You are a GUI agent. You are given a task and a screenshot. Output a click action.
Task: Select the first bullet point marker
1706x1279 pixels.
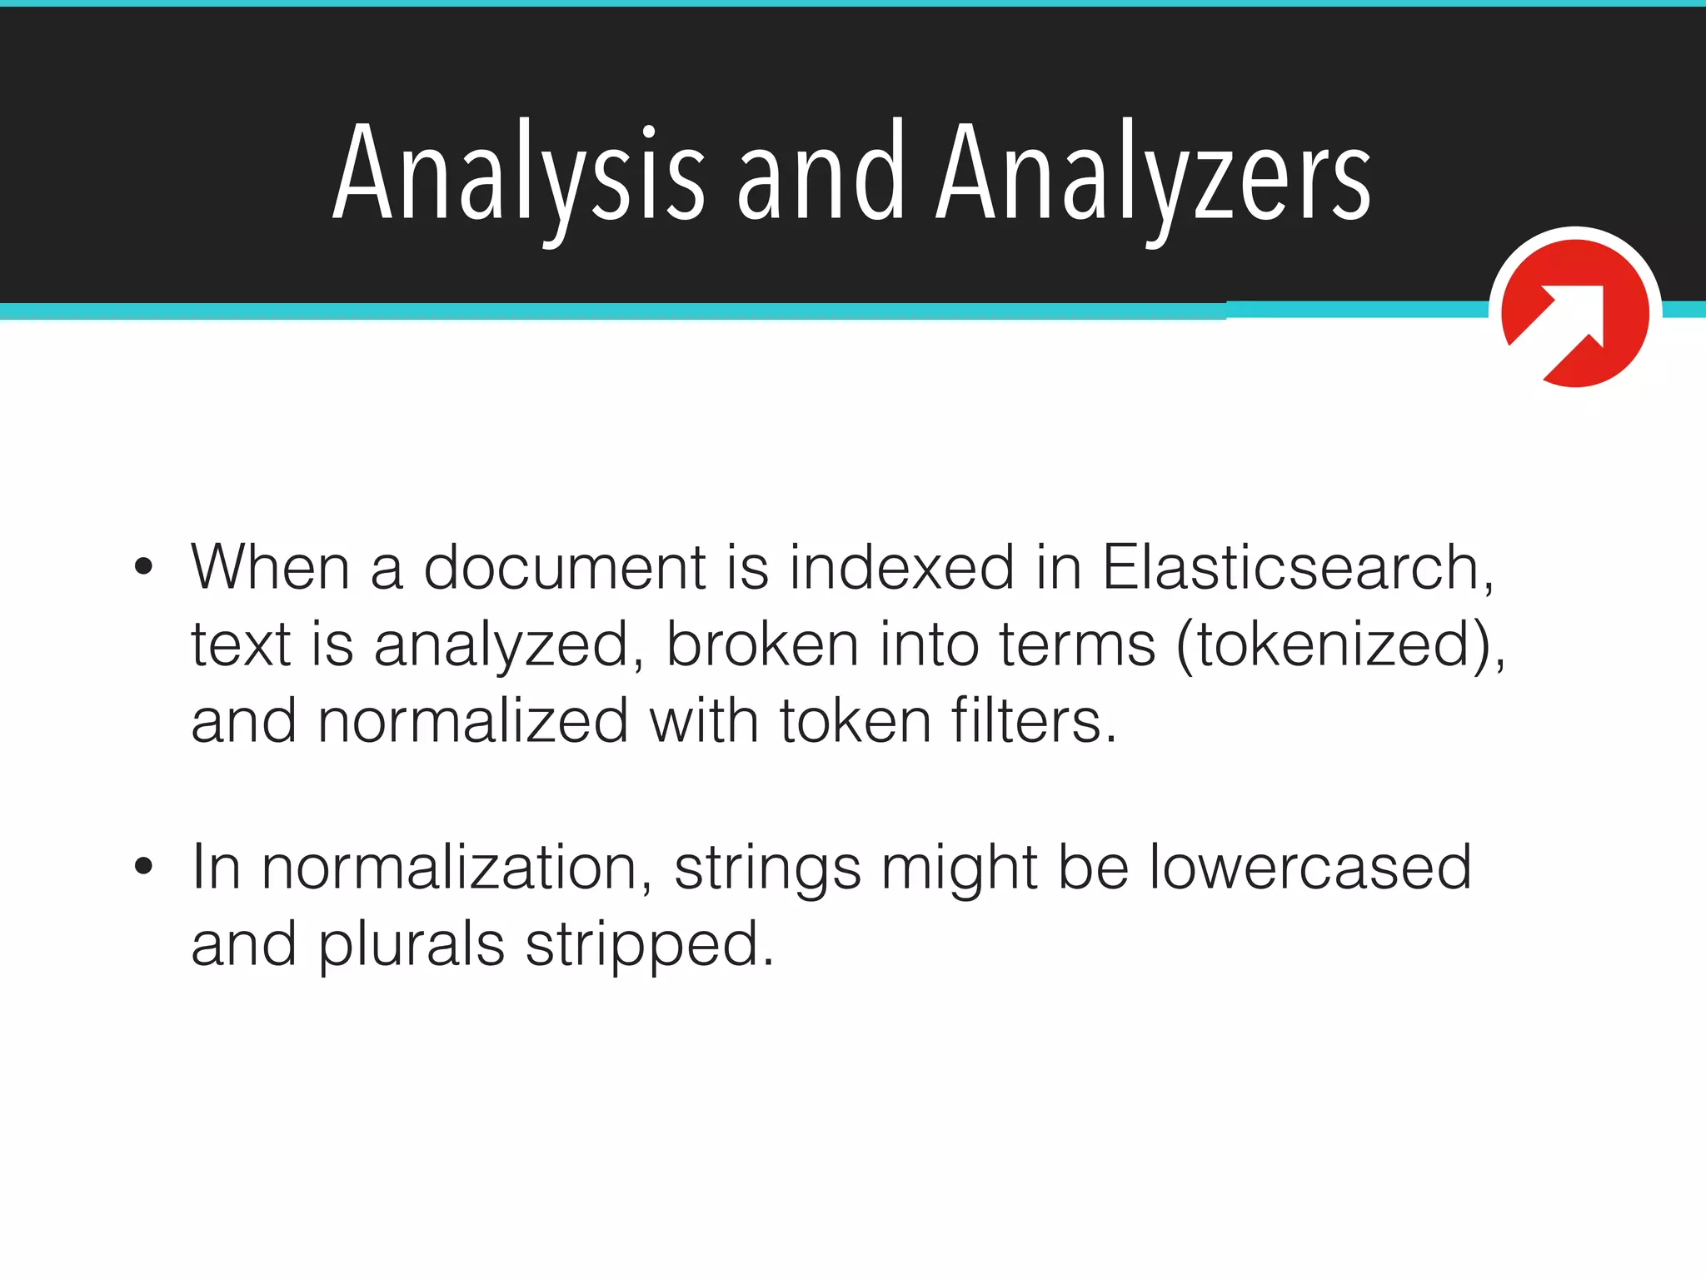tap(143, 567)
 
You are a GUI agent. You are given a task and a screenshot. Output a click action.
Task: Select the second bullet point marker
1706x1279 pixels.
tap(143, 866)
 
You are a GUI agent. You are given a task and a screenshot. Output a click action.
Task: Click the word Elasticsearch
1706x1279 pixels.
tap(1296, 567)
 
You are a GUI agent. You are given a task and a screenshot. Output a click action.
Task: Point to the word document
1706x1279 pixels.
tap(565, 567)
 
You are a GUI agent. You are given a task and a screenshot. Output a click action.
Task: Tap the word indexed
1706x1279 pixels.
tap(901, 567)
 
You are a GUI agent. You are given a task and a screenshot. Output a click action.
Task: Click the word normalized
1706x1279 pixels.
tap(472, 721)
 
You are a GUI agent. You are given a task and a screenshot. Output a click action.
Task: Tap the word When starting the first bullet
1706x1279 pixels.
tap(269, 567)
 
